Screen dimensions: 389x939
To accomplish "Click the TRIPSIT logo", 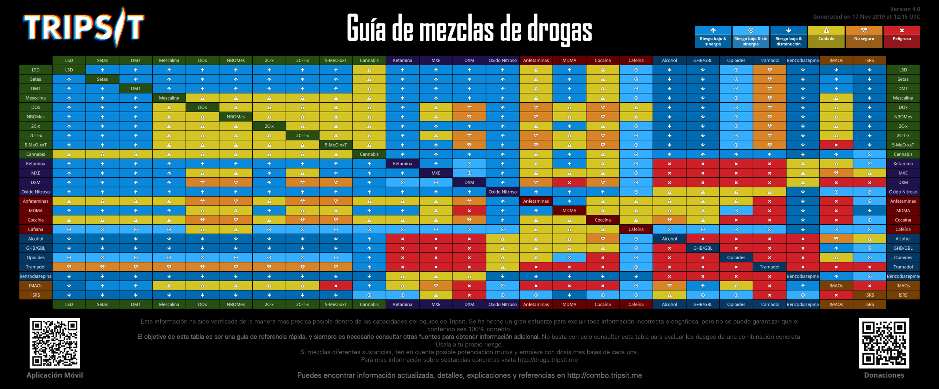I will click(x=84, y=27).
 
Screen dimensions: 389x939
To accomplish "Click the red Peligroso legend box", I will click(x=902, y=37).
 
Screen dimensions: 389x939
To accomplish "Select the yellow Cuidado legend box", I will click(x=826, y=37).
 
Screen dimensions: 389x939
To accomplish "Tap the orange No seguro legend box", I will click(x=864, y=37).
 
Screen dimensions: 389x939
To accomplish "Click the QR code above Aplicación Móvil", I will click(x=55, y=343).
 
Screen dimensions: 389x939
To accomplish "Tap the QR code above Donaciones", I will click(x=884, y=343).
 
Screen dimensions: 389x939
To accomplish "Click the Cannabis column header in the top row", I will click(x=369, y=60).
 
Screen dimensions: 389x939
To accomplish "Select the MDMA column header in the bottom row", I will click(x=569, y=304).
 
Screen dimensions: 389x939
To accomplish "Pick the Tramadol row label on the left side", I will click(x=36, y=267).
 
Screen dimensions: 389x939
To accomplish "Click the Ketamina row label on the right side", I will click(x=903, y=164).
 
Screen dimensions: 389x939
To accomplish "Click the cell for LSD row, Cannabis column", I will click(x=369, y=70).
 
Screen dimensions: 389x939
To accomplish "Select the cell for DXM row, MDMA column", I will click(x=569, y=183).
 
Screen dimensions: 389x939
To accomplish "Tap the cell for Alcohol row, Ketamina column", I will click(x=402, y=239).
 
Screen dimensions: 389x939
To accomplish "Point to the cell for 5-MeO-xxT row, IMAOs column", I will click(x=836, y=145).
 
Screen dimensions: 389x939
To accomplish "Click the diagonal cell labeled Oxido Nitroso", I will click(x=503, y=192).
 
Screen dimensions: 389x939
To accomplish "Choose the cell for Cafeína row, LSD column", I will click(x=69, y=230).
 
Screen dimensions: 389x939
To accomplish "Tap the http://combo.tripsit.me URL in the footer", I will click(x=604, y=375).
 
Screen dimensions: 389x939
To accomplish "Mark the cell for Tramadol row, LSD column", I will click(x=69, y=267).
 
